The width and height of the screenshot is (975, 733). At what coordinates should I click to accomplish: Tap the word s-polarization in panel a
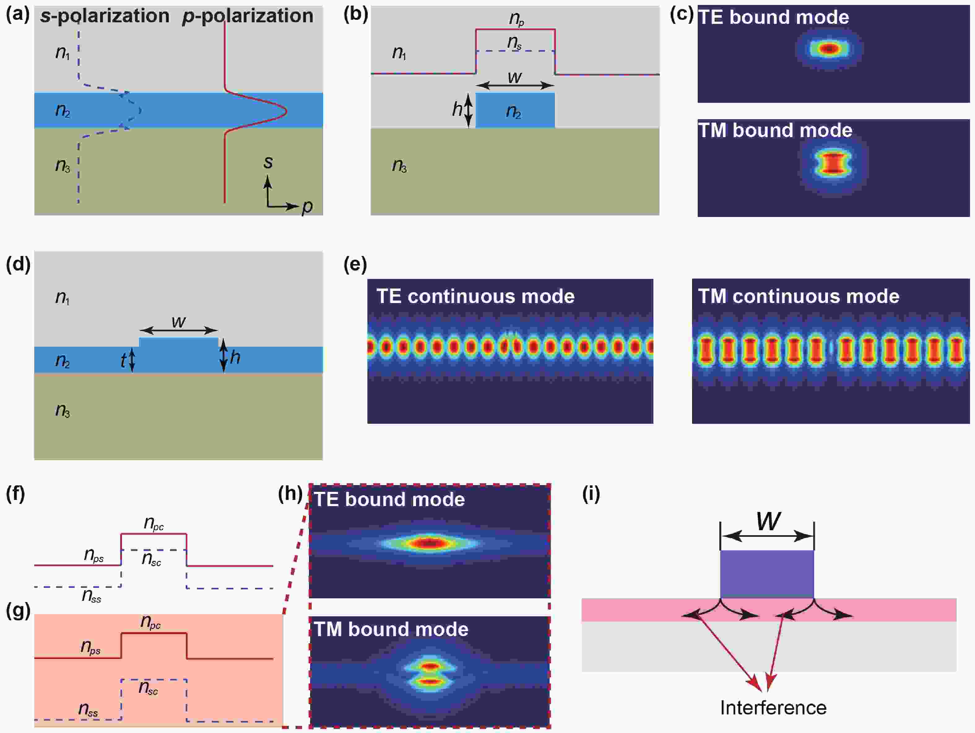105,16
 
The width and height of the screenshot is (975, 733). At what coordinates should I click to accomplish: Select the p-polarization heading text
247,16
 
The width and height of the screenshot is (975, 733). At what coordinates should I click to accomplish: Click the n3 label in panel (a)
63,165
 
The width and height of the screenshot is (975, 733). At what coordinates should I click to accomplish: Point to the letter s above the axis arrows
267,162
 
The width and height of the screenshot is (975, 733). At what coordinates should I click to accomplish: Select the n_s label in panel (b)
514,42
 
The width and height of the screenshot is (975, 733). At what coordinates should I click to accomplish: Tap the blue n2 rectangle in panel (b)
515,111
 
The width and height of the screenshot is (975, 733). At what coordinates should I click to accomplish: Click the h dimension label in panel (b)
457,109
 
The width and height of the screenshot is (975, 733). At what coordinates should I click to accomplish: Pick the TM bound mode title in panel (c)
775,130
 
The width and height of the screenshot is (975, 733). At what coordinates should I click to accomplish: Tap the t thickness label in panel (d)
123,361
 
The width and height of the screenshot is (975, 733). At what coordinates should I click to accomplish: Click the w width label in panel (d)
179,321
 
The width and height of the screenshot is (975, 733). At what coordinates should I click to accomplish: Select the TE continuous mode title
475,296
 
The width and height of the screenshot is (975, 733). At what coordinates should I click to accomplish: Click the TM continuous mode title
798,296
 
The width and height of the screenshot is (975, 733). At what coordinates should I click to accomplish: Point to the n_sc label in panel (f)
151,559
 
